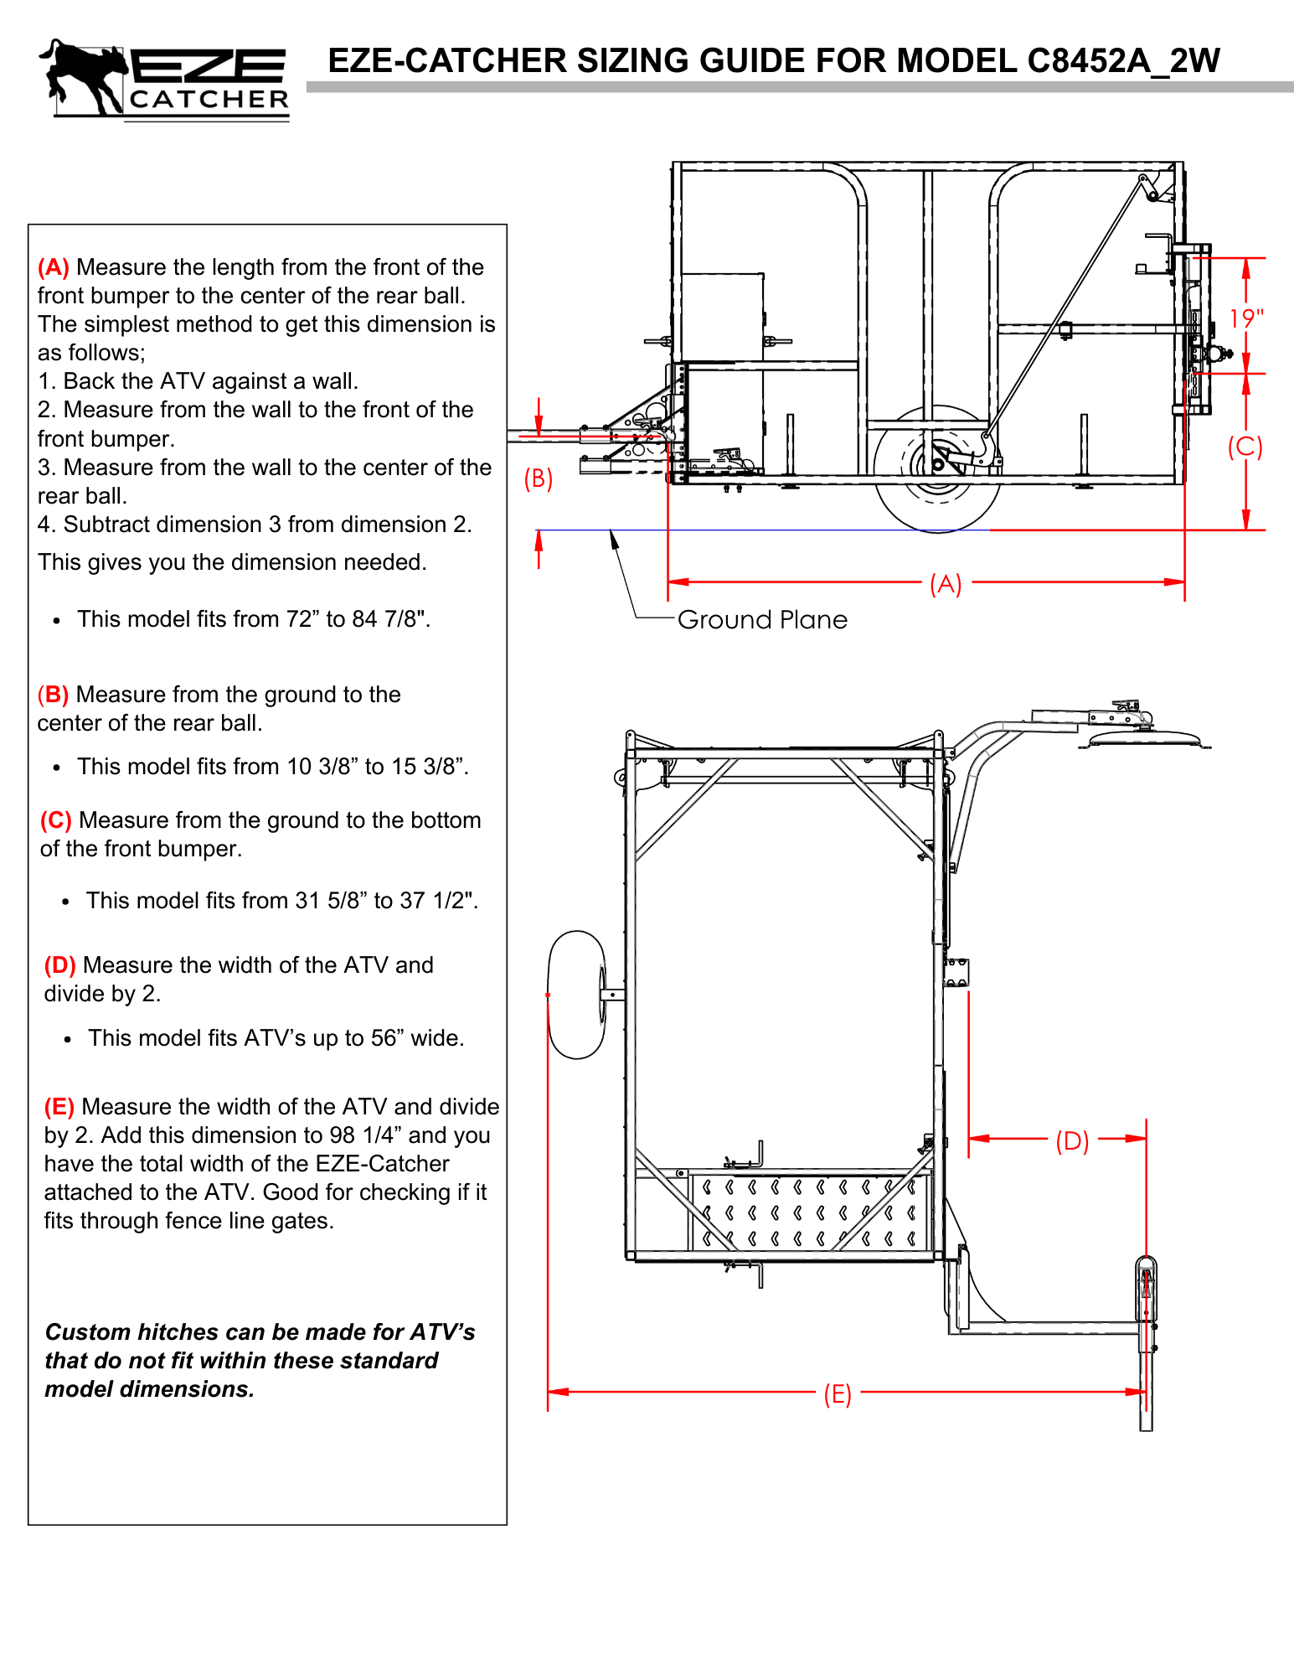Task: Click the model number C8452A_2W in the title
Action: tap(1122, 61)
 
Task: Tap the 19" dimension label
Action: tap(1245, 318)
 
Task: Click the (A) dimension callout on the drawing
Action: tap(946, 584)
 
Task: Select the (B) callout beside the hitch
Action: tap(539, 478)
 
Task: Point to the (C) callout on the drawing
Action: tap(1245, 447)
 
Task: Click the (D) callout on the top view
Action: tap(1072, 1140)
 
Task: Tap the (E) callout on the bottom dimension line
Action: tap(837, 1394)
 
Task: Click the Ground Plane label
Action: tap(762, 620)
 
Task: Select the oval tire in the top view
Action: tap(576, 995)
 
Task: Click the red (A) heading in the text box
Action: tap(54, 267)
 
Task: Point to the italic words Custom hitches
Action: tap(146, 1332)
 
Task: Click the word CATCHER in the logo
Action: tap(209, 100)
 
